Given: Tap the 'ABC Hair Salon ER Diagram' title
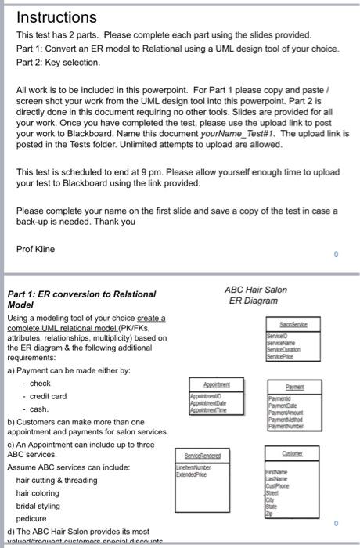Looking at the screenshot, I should point(257,295).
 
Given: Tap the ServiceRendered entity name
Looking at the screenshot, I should point(213,454).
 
